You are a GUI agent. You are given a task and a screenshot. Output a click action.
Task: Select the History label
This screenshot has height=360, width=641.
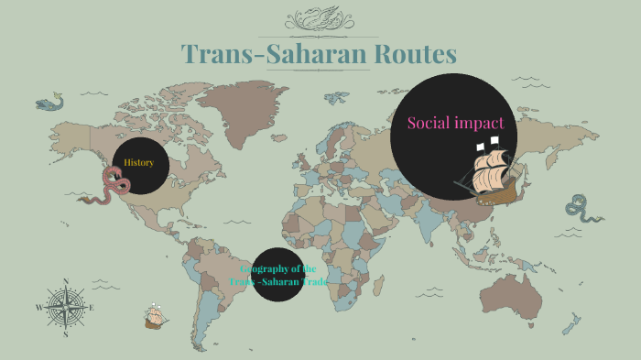pos(139,163)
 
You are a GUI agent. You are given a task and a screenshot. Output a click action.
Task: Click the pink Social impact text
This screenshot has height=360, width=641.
pos(455,122)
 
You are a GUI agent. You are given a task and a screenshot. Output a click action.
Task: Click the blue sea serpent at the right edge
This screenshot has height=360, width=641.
pos(580,210)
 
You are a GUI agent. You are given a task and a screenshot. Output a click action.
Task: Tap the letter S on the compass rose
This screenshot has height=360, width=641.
pos(65,335)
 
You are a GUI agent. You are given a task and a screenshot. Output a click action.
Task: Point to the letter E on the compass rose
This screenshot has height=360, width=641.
pos(92,308)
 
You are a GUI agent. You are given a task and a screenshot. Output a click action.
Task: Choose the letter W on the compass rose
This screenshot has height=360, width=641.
pos(38,309)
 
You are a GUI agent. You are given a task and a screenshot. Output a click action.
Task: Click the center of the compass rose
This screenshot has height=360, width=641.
pos(65,309)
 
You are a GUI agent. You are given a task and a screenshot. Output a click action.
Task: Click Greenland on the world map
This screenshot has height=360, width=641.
pos(240,99)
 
